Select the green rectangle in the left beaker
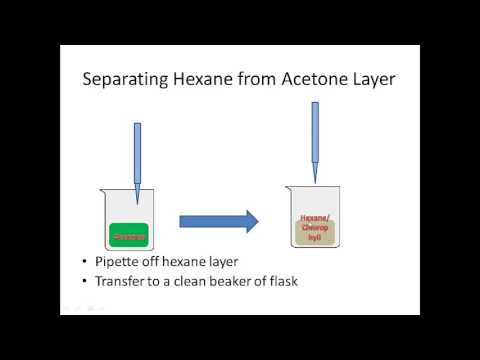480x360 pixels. coord(128,235)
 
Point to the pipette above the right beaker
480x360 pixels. coord(315,140)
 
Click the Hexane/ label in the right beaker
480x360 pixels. coord(314,219)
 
